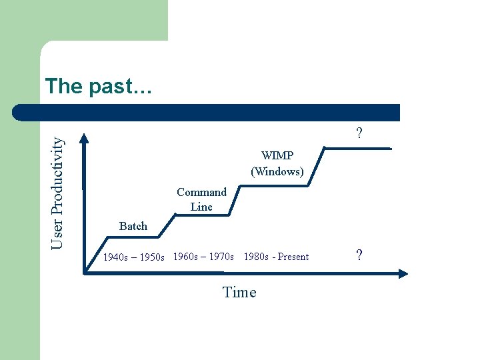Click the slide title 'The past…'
(x=99, y=86)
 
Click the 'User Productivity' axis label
(x=59, y=193)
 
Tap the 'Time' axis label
(x=239, y=292)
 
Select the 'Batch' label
(x=133, y=226)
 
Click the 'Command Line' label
(x=201, y=199)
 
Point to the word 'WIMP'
(x=277, y=156)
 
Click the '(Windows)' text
(x=277, y=171)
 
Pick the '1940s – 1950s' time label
(x=133, y=257)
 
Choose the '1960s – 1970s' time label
(x=203, y=256)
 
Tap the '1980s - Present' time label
(x=276, y=257)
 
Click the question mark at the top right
(x=359, y=133)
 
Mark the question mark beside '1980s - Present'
(x=359, y=255)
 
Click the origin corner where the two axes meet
(x=85, y=272)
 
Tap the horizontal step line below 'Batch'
(x=133, y=236)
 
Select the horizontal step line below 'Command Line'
(x=203, y=215)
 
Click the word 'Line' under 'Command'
(x=201, y=207)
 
